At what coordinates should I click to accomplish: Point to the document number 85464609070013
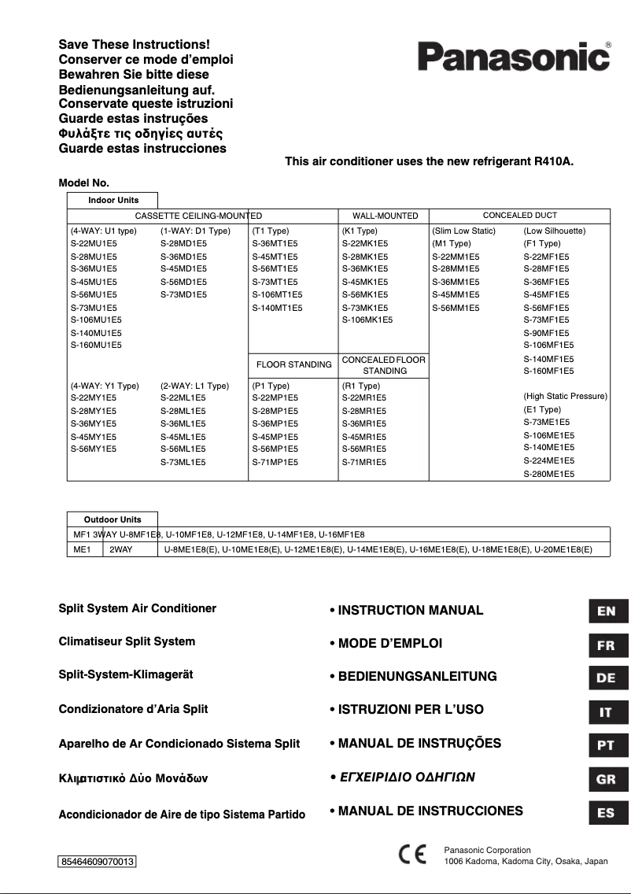(x=98, y=862)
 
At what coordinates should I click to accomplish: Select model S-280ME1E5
(x=548, y=475)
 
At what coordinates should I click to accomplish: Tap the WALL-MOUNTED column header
(x=385, y=216)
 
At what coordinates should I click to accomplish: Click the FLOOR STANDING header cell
(x=293, y=364)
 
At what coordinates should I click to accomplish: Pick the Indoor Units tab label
(x=113, y=201)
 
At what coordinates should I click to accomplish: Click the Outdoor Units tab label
(x=113, y=519)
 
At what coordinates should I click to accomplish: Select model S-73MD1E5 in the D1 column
(x=183, y=294)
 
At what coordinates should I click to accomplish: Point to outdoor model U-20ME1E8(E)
(x=563, y=549)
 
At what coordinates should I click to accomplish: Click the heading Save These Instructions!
(x=135, y=46)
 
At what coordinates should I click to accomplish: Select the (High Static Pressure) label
(x=565, y=396)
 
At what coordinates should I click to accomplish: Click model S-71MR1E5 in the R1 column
(x=363, y=462)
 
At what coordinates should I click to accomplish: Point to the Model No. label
(x=83, y=183)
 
